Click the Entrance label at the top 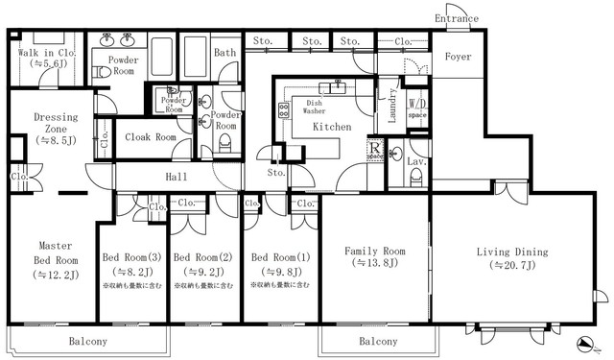[457, 18]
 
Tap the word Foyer [458, 57]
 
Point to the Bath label [225, 53]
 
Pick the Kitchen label [331, 126]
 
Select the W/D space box [417, 107]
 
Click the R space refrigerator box [376, 151]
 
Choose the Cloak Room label [151, 137]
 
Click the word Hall [177, 178]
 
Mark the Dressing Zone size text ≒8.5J [55, 140]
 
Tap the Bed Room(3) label [131, 257]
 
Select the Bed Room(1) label [280, 257]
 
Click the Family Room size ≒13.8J [374, 263]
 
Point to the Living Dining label [511, 252]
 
